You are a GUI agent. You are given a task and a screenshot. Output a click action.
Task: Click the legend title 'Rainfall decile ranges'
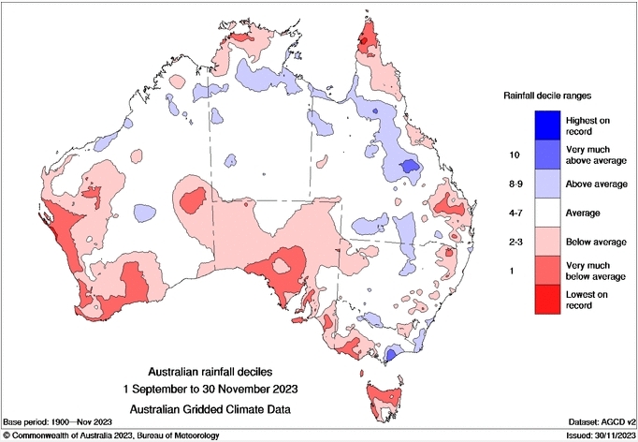point(549,96)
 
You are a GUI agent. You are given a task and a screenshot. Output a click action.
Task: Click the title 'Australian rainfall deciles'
point(223,370)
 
